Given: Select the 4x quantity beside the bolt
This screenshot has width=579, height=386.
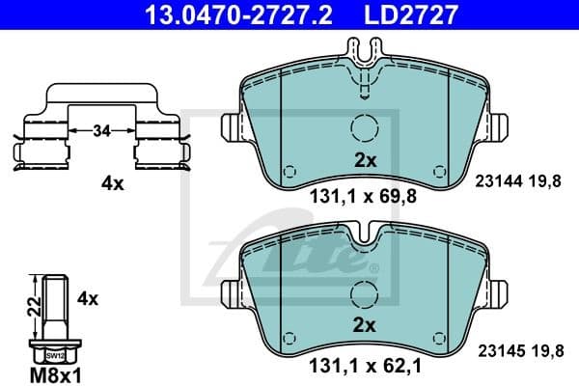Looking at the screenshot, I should pos(88,299).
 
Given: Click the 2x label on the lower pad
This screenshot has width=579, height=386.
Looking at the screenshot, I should pos(364,324).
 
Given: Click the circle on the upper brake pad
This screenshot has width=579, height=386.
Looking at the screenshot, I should pos(365,129).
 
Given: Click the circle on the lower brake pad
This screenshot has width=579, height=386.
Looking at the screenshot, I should pos(365,293).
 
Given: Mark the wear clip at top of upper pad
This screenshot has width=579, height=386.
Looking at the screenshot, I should pos(365,71).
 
